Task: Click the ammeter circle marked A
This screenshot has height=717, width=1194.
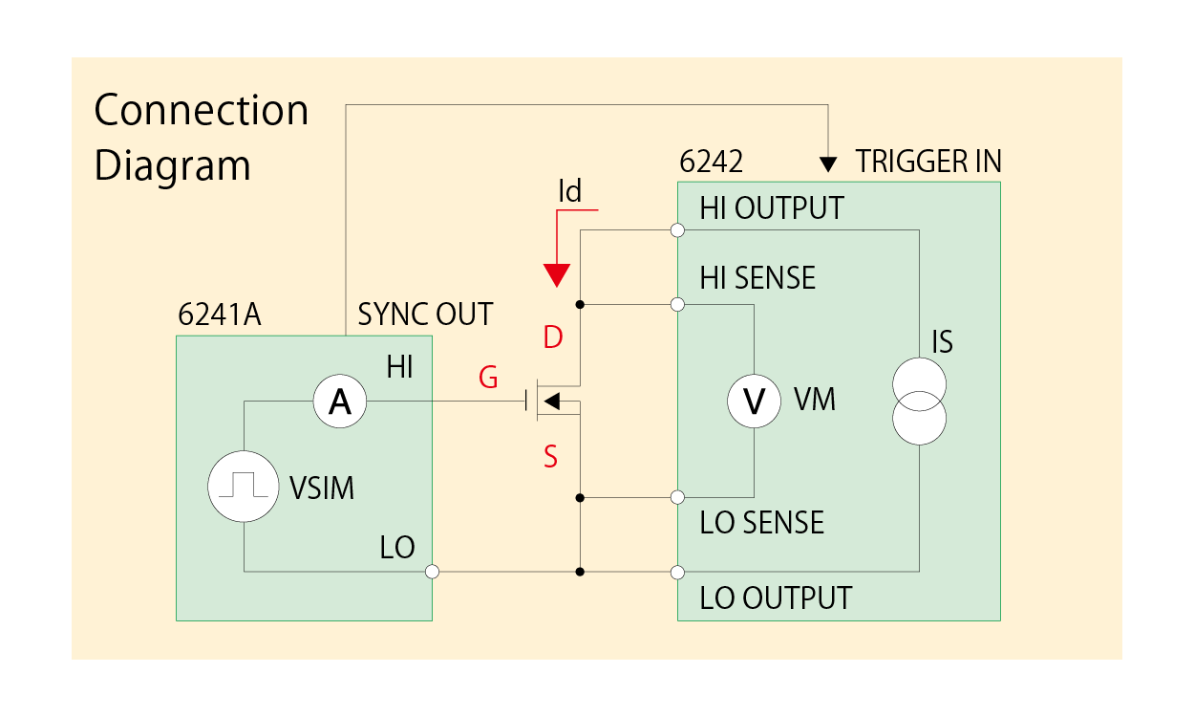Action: (340, 402)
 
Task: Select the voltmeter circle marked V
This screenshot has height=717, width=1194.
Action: (755, 402)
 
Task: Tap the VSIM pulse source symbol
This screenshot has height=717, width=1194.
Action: (245, 486)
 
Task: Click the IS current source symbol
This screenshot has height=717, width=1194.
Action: (919, 402)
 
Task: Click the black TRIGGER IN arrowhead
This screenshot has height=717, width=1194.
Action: (828, 163)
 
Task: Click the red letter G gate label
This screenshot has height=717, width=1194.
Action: (488, 379)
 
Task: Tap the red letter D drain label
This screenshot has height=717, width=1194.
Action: (552, 337)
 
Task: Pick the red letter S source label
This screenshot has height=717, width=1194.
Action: (550, 458)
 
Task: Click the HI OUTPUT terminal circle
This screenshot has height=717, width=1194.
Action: (677, 230)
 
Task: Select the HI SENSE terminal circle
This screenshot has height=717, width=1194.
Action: (677, 305)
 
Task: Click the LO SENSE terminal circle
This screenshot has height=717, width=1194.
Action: (677, 497)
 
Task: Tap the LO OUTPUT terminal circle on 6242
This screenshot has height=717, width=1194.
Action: (677, 572)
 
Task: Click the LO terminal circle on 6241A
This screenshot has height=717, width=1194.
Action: (432, 572)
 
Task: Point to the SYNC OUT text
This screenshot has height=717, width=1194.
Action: (425, 315)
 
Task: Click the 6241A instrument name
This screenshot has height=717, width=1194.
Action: (220, 315)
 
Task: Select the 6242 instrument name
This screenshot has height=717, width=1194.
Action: (711, 162)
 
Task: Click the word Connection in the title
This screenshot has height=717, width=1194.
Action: (202, 111)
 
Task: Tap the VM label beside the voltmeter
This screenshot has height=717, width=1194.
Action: (815, 400)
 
